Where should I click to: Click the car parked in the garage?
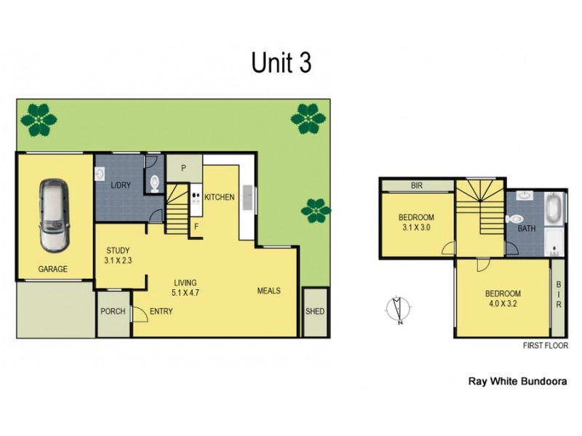(55, 215)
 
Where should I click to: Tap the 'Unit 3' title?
(282, 63)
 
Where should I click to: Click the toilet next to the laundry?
(154, 182)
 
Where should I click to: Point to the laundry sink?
(100, 174)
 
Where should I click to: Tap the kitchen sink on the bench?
(247, 197)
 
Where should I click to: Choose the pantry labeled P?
(183, 168)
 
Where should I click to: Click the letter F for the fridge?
(196, 227)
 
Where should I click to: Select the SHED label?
(315, 312)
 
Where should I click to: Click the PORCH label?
(113, 312)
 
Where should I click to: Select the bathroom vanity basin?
(525, 195)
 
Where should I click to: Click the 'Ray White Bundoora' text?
(517, 380)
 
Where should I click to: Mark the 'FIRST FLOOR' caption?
(545, 346)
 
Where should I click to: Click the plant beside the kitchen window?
(316, 211)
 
